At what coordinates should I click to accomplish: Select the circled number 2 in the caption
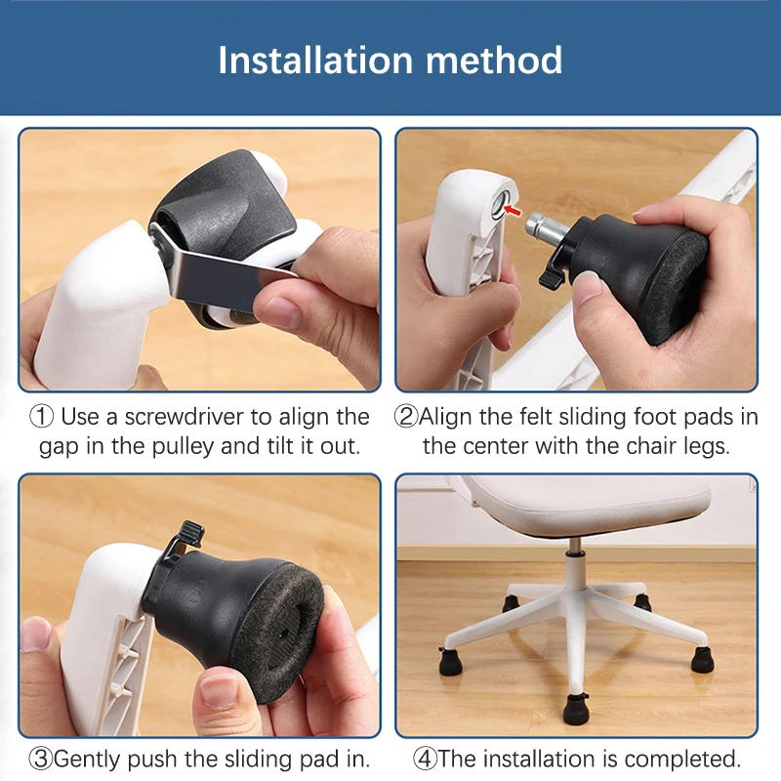(x=405, y=417)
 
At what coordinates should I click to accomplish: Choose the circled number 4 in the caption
(x=425, y=758)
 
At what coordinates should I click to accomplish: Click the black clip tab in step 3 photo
(x=190, y=535)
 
